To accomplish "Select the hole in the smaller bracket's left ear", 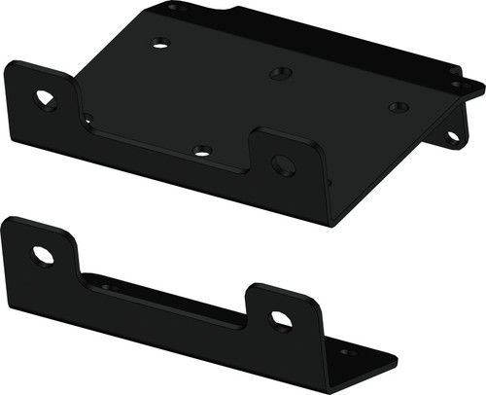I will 43,256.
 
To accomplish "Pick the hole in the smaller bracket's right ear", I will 280,319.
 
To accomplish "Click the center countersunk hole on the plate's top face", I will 281,73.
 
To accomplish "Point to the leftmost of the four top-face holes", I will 161,43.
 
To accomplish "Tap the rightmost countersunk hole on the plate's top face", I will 396,107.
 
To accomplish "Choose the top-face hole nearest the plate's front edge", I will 201,150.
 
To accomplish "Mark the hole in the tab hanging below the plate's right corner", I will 453,136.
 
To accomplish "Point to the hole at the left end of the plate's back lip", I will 175,8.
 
